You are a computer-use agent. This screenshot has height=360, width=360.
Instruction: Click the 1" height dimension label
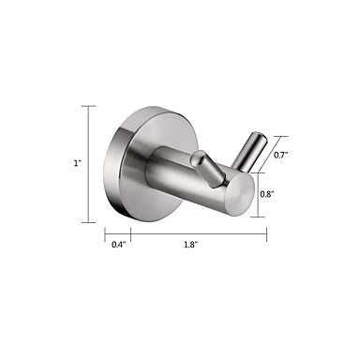[77, 163]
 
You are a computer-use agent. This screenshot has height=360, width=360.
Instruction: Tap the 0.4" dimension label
[118, 245]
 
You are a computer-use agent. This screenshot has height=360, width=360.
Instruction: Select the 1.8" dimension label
[191, 245]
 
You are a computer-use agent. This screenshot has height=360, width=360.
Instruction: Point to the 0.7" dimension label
[280, 155]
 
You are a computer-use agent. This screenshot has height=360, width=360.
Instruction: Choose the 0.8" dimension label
[267, 194]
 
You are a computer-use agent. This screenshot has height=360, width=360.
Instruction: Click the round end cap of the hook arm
[241, 194]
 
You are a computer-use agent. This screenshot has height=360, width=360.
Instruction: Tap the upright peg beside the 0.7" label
[251, 152]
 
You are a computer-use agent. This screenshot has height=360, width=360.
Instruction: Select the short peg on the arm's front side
[208, 169]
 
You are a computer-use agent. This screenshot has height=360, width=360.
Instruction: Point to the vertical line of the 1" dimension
[88, 164]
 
